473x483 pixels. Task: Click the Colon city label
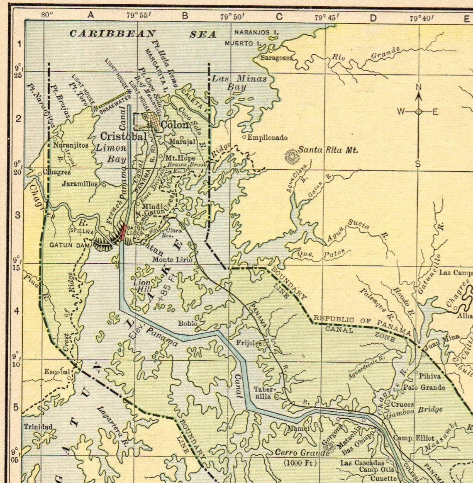175,124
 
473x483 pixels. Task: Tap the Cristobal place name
124,136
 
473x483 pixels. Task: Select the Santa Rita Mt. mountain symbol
292,156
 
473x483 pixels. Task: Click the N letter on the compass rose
419,87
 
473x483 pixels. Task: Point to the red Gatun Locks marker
123,233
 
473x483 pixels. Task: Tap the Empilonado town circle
244,137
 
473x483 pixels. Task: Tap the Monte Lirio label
172,260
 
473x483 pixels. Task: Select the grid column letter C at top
279,17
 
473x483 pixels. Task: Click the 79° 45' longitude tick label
327,17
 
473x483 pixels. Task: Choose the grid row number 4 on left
17,311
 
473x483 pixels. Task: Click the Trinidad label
38,427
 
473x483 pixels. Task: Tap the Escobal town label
57,371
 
